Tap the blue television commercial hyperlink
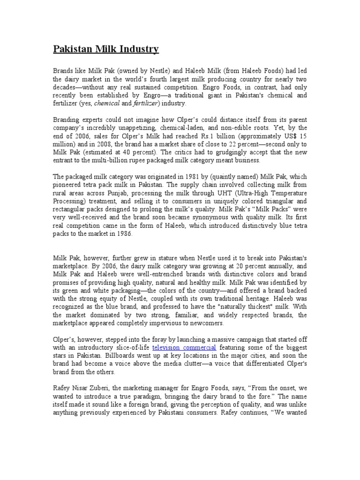tap(184, 347)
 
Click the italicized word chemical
tap(107, 103)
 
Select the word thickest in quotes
tap(240, 307)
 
